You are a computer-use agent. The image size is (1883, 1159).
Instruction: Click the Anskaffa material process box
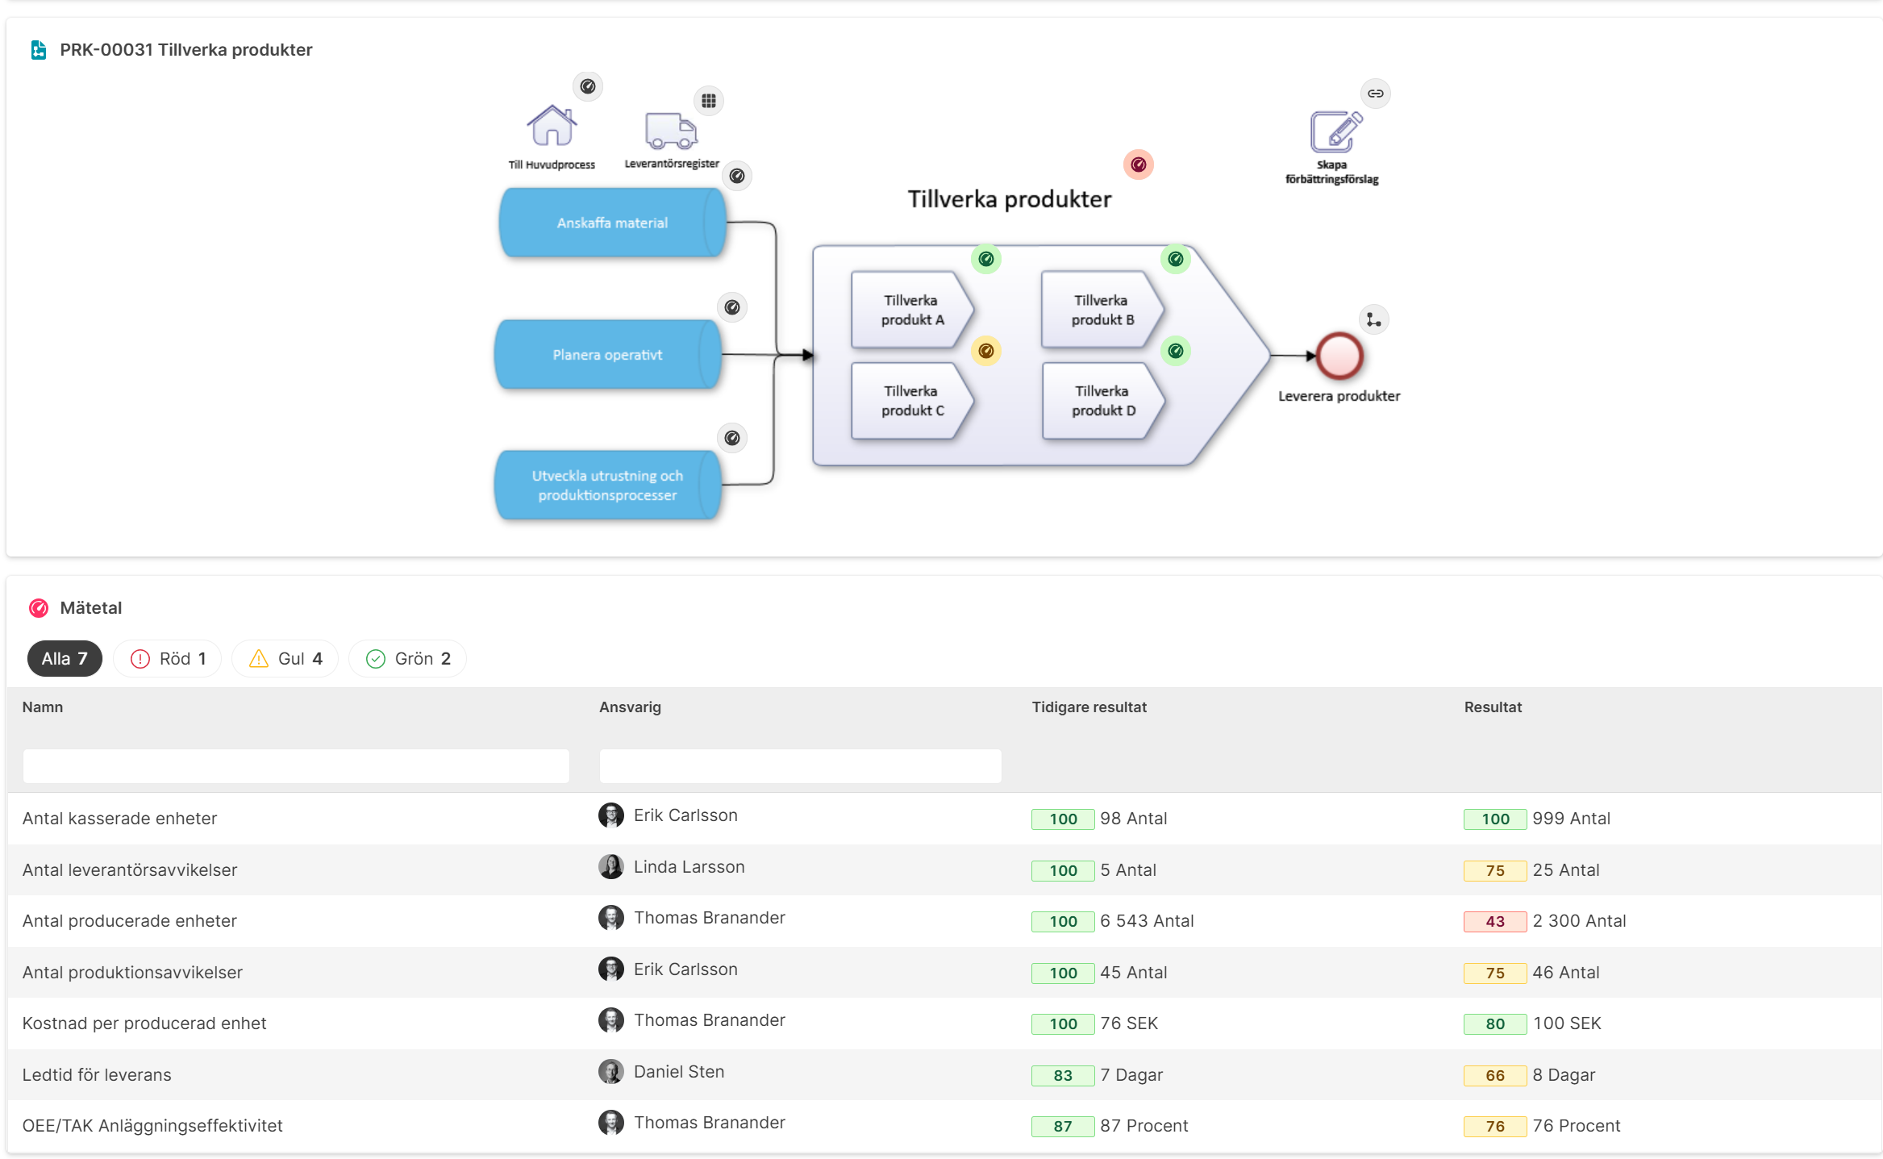point(612,223)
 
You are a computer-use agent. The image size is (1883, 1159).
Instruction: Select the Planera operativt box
point(607,355)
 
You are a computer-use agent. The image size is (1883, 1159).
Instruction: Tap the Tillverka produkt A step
point(912,311)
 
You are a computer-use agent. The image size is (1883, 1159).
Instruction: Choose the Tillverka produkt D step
point(1103,401)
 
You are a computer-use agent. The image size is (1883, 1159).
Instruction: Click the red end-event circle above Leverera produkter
point(1339,356)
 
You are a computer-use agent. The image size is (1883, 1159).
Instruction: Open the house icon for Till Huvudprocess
point(552,126)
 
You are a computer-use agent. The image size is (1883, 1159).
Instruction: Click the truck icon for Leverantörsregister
point(671,131)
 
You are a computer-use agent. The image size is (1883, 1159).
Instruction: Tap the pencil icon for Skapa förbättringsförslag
point(1335,131)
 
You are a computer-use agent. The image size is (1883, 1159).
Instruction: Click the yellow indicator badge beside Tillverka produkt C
point(985,351)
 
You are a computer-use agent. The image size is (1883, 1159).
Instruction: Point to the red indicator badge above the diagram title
point(1138,165)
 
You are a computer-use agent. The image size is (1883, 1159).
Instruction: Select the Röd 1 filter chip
point(168,659)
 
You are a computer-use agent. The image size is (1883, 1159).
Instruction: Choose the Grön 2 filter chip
point(408,659)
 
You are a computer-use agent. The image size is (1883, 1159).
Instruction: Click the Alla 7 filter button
point(65,659)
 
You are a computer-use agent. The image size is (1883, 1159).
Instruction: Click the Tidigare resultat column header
point(1089,707)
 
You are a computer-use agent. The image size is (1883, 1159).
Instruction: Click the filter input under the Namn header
point(296,765)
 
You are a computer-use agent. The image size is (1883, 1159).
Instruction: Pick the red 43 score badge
point(1495,921)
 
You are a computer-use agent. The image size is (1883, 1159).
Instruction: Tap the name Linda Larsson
point(689,867)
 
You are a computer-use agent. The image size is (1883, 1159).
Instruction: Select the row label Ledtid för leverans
point(97,1075)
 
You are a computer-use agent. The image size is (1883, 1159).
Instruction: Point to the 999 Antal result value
point(1571,819)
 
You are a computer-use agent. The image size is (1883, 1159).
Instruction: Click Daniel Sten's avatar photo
point(611,1072)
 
